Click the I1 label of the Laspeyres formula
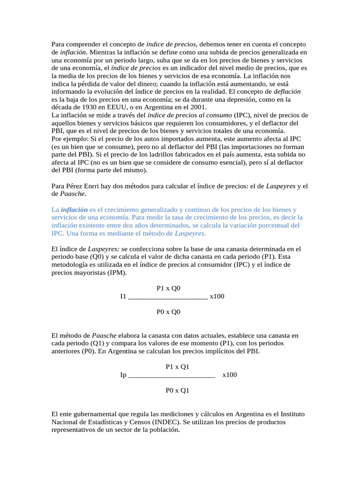pos(123,296)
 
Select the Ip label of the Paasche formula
pos(123,375)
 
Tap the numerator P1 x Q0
pos(168,288)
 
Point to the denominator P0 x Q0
pos(168,311)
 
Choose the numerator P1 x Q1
pos(177,367)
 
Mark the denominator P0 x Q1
pos(177,390)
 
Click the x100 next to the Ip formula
pos(230,375)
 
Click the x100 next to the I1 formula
pos(217,296)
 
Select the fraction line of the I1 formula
pos(167,297)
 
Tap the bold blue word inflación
pos(74,210)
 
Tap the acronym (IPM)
pos(115,272)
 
